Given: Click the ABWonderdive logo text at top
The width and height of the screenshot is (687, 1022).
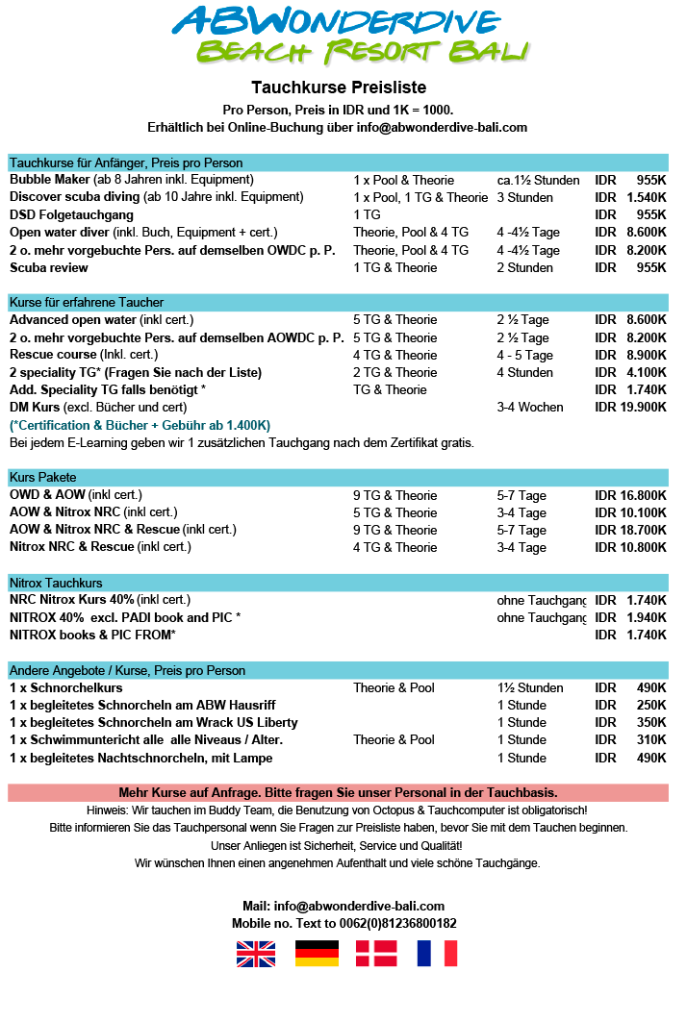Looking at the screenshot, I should tap(336, 21).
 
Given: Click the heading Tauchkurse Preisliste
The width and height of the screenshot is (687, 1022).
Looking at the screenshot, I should tap(338, 87).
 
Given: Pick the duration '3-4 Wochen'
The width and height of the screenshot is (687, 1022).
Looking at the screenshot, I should tap(530, 407).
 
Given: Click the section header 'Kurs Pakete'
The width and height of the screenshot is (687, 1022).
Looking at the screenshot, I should tap(43, 477).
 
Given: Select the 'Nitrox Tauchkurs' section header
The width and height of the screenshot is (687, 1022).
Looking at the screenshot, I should tap(56, 583).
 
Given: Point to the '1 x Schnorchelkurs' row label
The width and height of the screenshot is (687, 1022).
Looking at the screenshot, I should tap(66, 687).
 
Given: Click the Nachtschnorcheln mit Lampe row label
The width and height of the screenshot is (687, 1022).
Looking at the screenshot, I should tap(141, 758).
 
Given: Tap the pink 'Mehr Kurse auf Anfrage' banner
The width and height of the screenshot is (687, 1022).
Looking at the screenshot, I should tap(338, 792).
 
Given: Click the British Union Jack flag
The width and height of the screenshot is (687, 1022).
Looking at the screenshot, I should tap(256, 953).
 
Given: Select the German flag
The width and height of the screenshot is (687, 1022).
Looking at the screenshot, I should tap(317, 953).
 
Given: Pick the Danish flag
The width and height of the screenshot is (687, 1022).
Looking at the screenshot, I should tap(376, 953).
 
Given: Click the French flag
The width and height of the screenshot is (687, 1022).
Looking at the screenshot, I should tap(437, 953).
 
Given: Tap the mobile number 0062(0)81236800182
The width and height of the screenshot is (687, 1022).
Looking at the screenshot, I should tap(384, 923).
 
